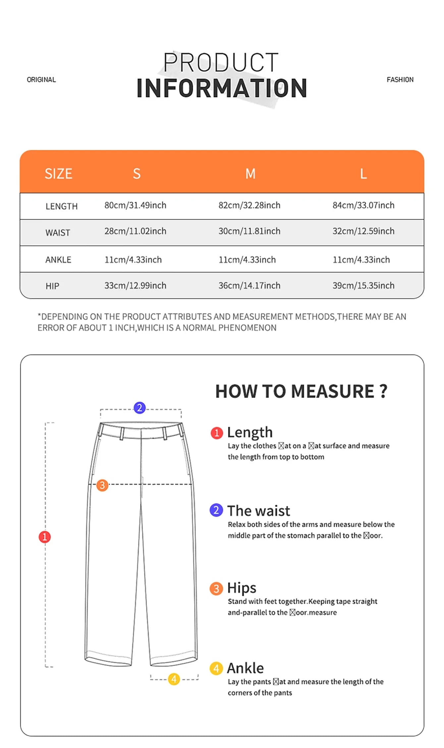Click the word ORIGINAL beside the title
pos(41,80)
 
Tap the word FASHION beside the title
pos(400,80)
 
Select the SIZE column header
pos(58,174)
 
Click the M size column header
pos(250,174)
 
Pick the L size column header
pos(363,174)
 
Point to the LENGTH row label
pos(62,206)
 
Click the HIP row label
pos(52,286)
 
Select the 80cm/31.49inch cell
pos(135,205)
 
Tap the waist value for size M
pos(249,231)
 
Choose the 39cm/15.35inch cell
pos(363,285)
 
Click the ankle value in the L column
pos(361,260)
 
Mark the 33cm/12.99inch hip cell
pos(135,285)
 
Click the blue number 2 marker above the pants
pos(139,408)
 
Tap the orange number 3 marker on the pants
pos(102,485)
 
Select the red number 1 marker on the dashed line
pos(45,537)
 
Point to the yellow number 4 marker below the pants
pos(174,679)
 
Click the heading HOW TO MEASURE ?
pos(301,391)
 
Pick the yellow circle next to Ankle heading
pos(216,669)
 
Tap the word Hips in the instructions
pos(242,588)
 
